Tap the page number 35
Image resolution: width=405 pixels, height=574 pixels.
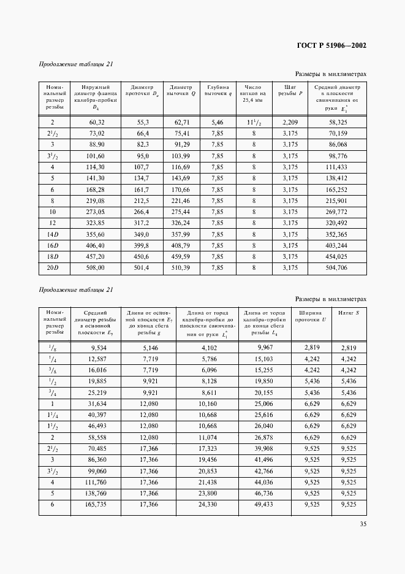[363, 524]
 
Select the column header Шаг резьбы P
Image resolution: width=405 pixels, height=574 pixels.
[287, 91]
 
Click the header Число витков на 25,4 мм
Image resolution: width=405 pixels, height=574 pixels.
[253, 93]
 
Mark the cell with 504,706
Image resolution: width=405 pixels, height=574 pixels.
[338, 267]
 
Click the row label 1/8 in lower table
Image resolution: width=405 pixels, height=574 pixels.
[53, 348]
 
